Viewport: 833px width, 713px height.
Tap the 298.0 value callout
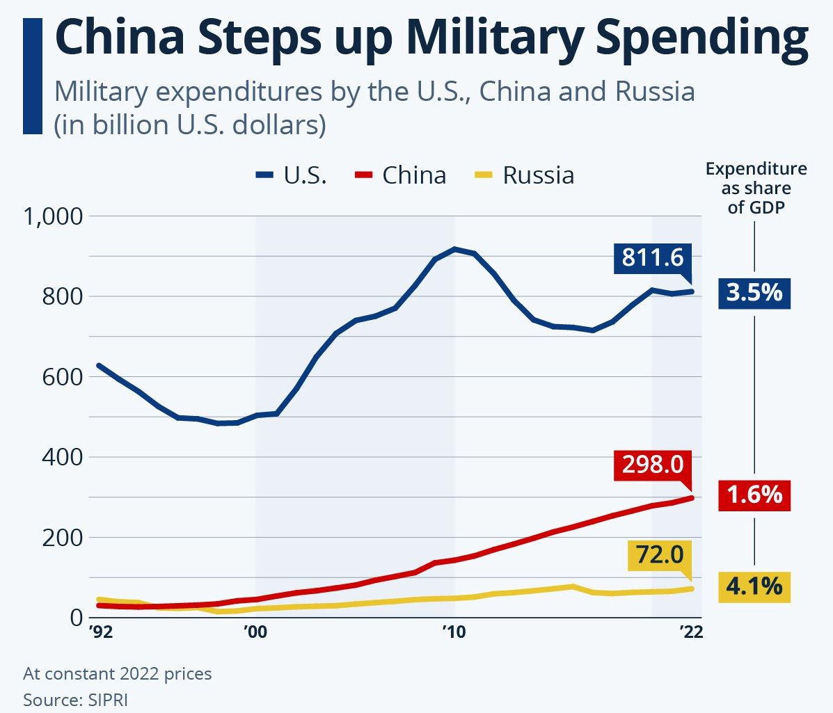[x=653, y=464]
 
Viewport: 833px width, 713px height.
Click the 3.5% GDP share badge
[x=754, y=293]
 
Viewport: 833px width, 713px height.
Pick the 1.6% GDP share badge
[x=754, y=495]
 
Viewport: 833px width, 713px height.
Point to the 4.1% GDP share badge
[x=754, y=586]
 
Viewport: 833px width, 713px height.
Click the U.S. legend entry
[x=291, y=175]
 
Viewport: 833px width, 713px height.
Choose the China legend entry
[x=404, y=175]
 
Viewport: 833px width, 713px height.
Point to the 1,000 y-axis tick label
[x=53, y=216]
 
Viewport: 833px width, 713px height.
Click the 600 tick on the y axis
[x=62, y=377]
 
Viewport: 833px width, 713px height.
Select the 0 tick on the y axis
[x=76, y=618]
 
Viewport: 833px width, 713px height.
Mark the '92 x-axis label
[x=101, y=632]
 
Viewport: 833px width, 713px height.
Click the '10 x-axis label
[x=454, y=632]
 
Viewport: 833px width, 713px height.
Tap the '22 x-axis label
[x=690, y=632]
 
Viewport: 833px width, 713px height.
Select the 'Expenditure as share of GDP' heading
[x=756, y=188]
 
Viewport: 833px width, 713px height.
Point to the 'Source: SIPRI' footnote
[x=75, y=699]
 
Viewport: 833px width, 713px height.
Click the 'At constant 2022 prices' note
[x=117, y=673]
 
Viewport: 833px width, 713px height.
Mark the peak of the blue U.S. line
[x=454, y=248]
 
